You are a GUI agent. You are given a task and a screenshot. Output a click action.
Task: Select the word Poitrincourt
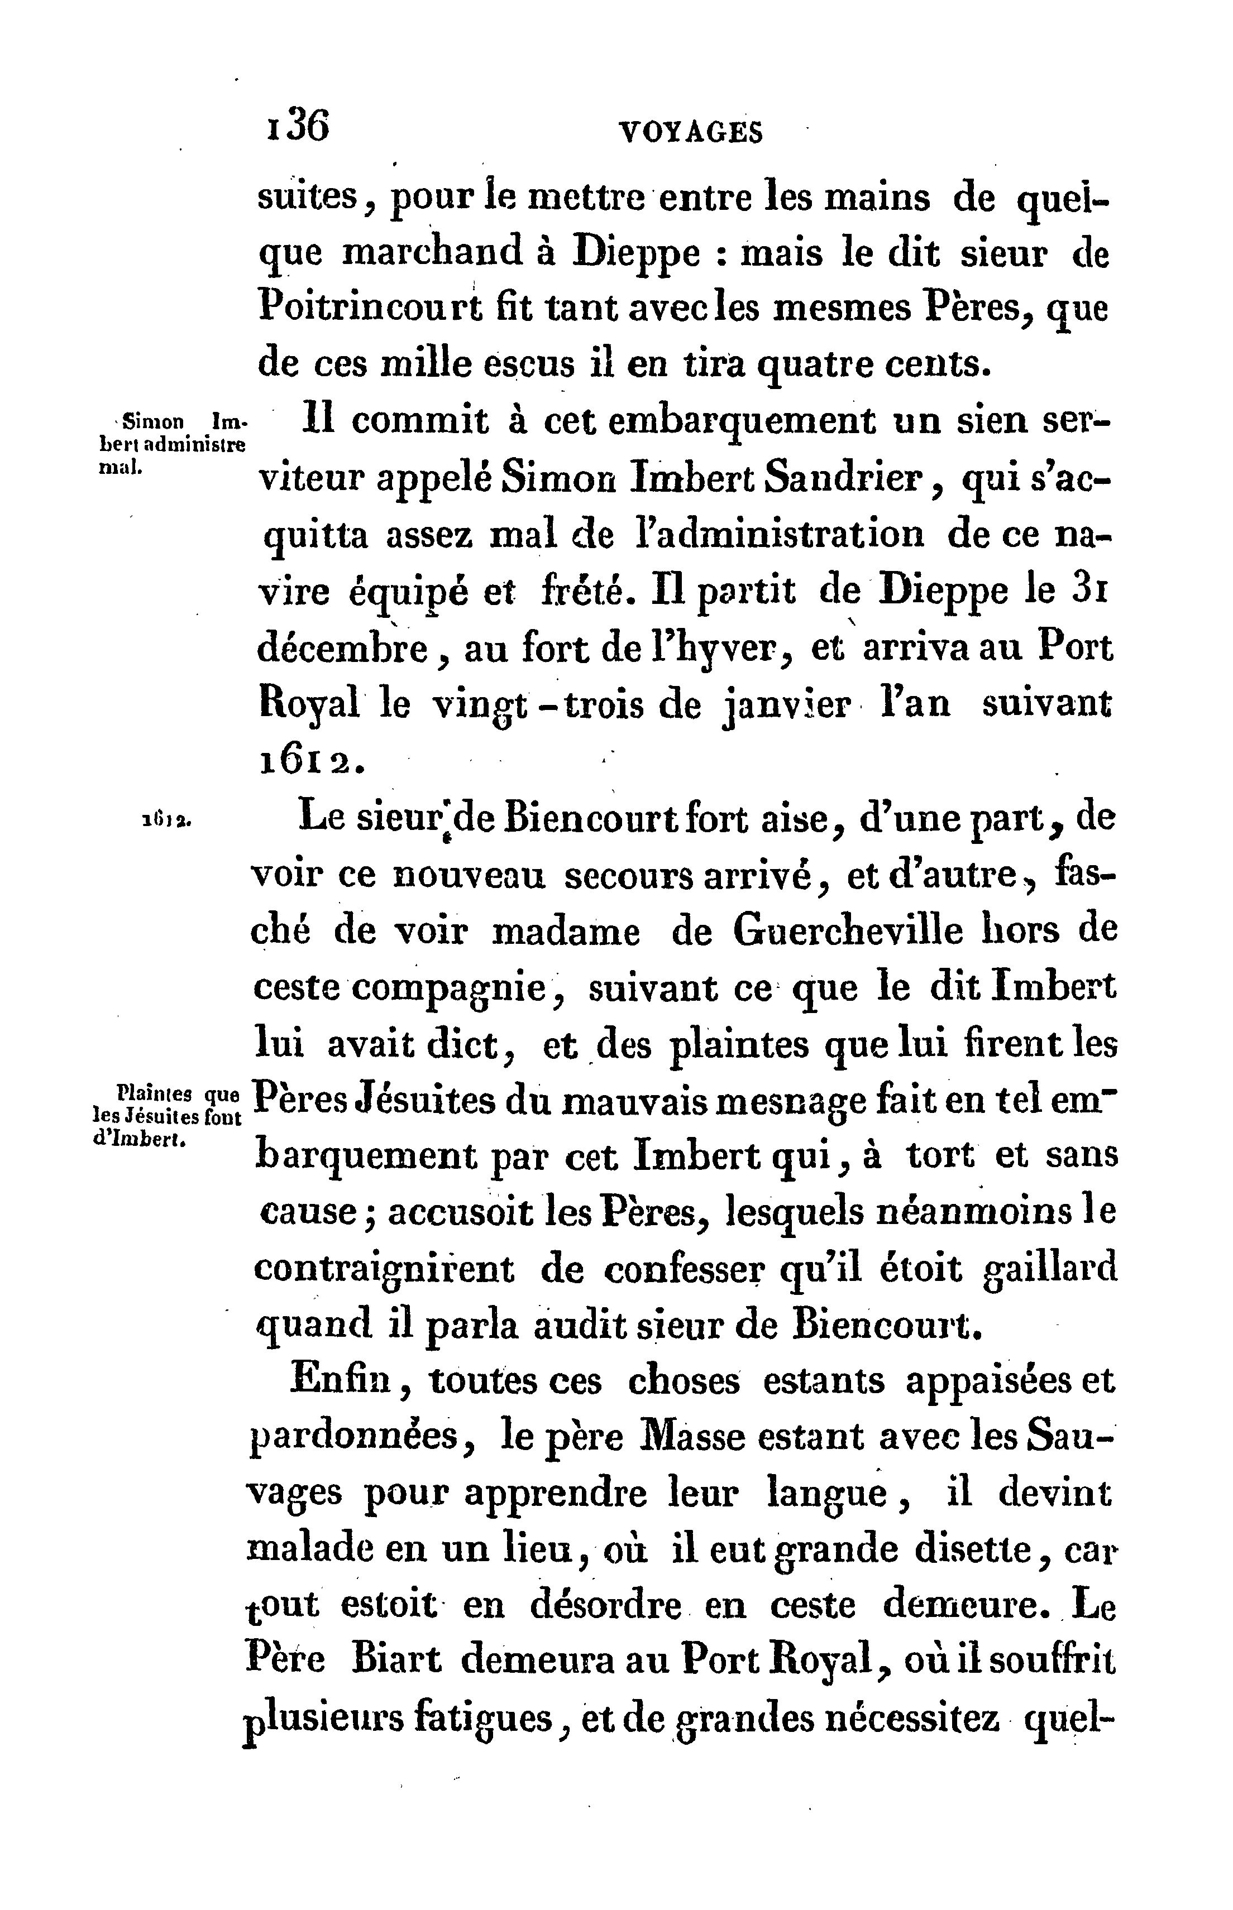click(x=371, y=308)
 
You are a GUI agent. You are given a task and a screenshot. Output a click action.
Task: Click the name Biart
click(x=396, y=1662)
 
